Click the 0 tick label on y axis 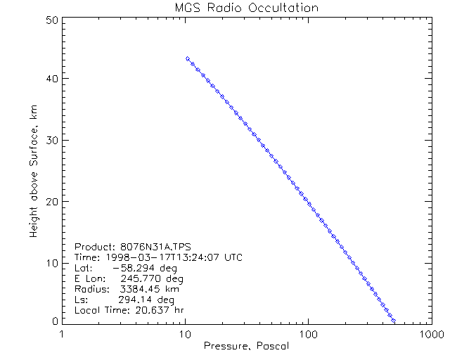pyautogui.click(x=53, y=320)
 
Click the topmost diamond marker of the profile pyautogui.click(x=188, y=58)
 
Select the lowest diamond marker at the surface pyautogui.click(x=394, y=321)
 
